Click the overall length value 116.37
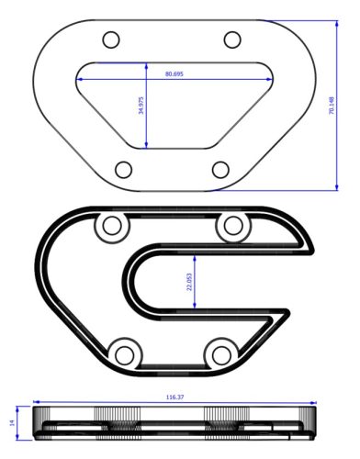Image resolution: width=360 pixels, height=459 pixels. (173, 397)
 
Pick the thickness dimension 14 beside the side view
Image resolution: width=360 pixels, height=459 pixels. (13, 422)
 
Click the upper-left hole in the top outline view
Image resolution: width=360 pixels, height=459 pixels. (111, 39)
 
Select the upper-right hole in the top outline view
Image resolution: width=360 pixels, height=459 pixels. (232, 39)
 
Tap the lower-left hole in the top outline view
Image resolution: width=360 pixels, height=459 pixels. (122, 169)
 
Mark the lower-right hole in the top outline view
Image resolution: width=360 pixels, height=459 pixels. (220, 169)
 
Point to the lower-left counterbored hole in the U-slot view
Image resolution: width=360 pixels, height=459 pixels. (123, 351)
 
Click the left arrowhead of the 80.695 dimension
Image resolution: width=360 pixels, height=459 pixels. (81, 79)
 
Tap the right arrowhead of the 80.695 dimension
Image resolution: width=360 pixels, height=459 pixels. (272, 79)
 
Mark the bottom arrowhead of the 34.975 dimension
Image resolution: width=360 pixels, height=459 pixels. (147, 145)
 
